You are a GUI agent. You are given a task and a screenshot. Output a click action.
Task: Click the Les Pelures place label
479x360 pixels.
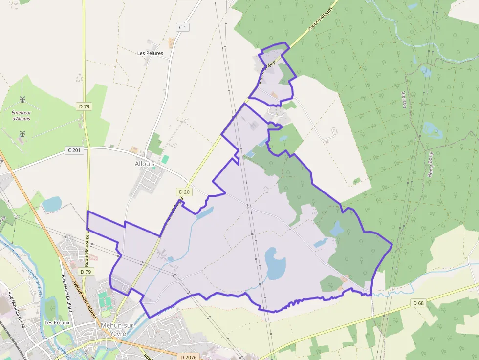coord(150,53)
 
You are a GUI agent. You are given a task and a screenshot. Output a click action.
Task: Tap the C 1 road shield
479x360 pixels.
coord(182,28)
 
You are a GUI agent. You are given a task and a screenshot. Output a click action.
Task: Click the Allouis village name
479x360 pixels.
coord(145,164)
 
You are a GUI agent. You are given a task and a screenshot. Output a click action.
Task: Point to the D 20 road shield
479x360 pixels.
coord(184,192)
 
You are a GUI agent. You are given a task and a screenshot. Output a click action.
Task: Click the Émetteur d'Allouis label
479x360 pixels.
coord(21,115)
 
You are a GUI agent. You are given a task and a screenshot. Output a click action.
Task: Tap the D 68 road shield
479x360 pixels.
coord(418,303)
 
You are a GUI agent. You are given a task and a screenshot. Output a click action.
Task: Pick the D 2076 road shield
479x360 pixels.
coord(188,357)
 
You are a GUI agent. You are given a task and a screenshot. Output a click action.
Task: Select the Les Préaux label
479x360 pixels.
coord(58,323)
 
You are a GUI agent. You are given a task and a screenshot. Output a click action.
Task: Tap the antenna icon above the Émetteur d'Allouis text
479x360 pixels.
coord(22,100)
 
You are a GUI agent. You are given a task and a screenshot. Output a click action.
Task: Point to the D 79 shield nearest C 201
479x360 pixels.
coord(85,106)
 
